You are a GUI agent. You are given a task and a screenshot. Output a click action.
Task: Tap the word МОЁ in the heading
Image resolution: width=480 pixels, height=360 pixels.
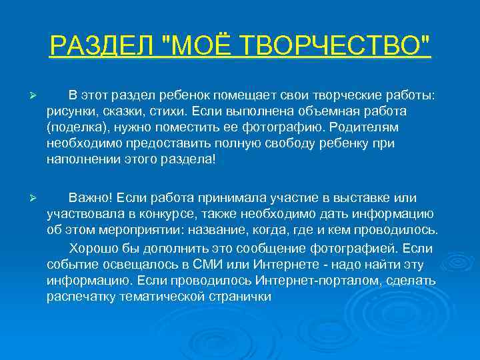coord(209,47)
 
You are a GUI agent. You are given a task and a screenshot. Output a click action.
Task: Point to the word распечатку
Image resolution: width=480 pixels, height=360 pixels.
coord(81,297)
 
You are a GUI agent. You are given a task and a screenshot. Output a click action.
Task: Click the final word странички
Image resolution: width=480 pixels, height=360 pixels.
coord(241,297)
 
